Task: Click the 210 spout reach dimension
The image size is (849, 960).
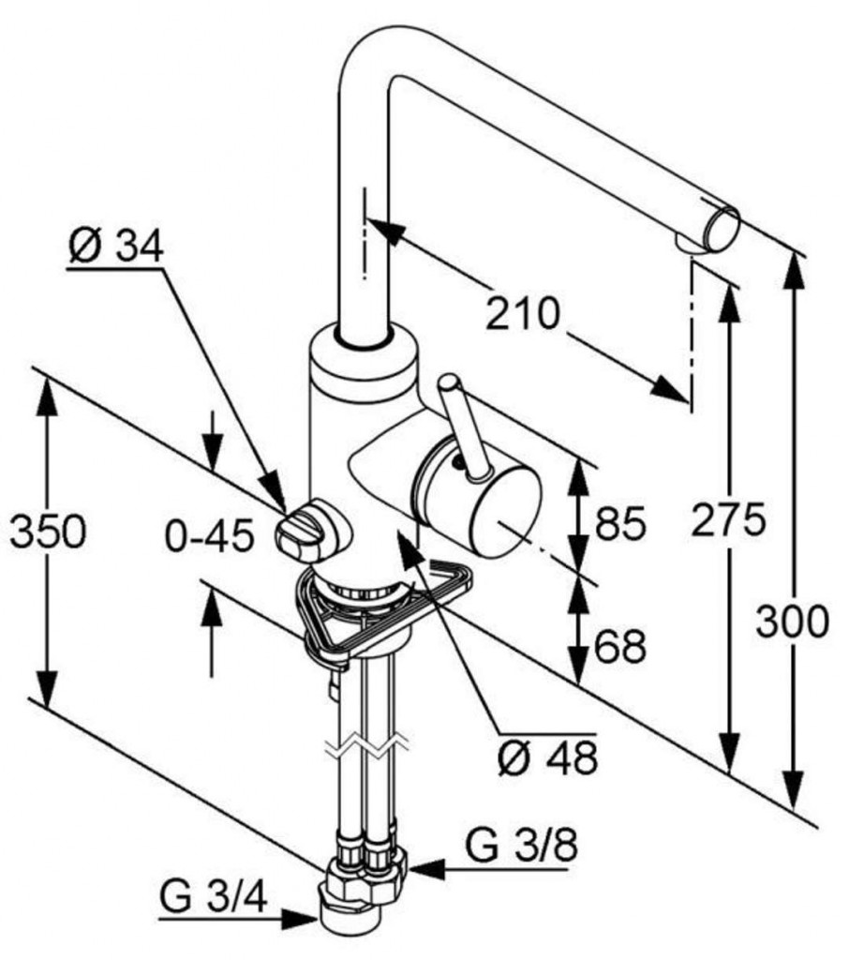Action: [522, 313]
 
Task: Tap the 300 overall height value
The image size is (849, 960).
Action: [792, 622]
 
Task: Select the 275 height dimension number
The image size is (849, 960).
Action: [728, 518]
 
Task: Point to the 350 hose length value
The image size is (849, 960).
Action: [47, 532]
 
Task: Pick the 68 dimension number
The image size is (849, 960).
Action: [619, 646]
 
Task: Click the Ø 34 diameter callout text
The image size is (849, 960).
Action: [115, 247]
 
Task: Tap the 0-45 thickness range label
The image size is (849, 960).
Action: [209, 537]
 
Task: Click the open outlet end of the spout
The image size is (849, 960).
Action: [722, 228]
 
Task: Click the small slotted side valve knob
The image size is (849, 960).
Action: [296, 533]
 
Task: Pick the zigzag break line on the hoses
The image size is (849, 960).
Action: [367, 747]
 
